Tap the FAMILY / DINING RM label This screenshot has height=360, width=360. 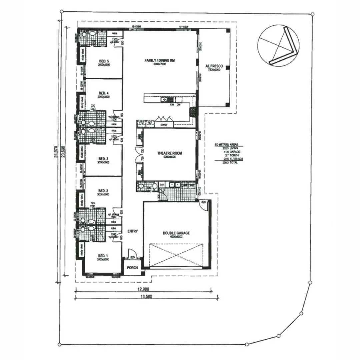[x=160, y=61]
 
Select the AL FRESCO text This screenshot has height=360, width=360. [x=214, y=66]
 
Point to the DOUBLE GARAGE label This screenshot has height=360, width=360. [x=176, y=233]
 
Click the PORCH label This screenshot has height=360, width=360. [x=132, y=268]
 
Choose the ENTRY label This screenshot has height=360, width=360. [x=132, y=231]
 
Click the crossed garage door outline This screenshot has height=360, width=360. [x=176, y=255]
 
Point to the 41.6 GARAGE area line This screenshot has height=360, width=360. [x=232, y=152]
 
